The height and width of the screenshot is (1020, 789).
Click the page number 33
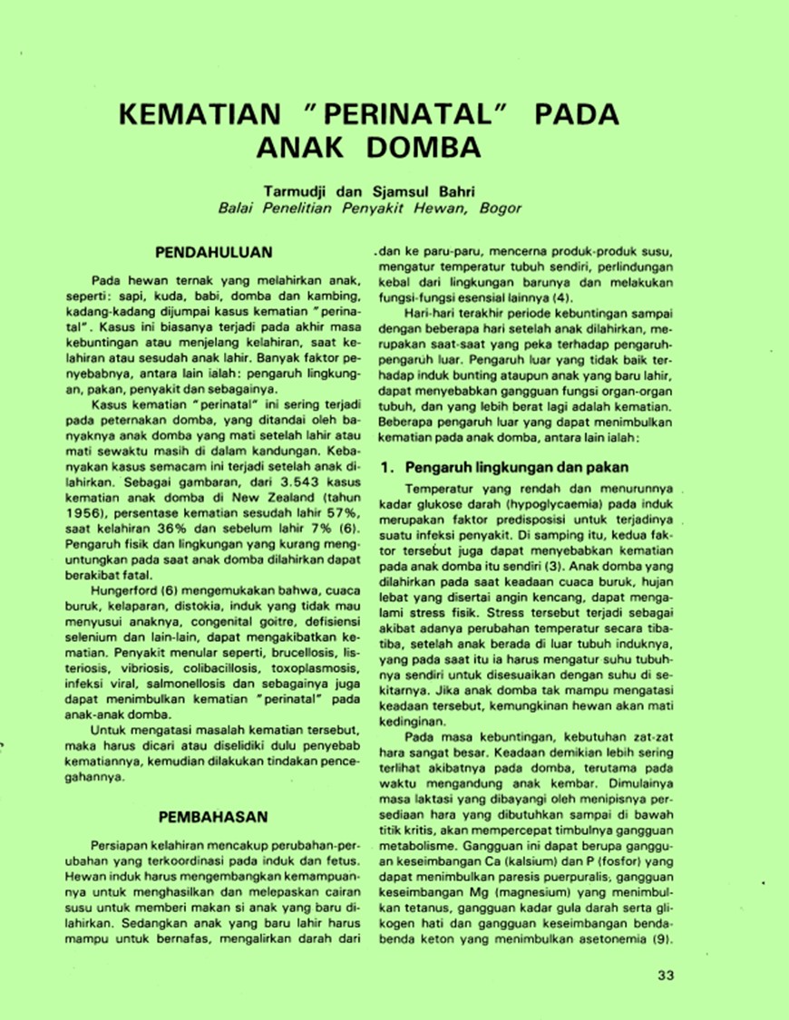[x=666, y=976]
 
